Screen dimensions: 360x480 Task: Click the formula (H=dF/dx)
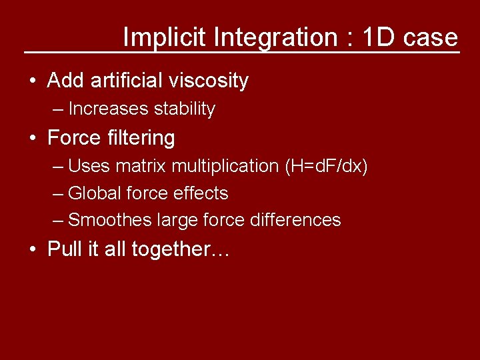coord(325,165)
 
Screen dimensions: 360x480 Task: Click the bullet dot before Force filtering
coord(32,139)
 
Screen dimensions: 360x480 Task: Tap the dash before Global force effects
coord(58,194)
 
